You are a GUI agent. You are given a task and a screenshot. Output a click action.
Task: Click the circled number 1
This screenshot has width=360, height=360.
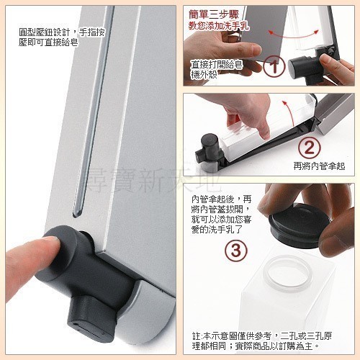pos(273,70)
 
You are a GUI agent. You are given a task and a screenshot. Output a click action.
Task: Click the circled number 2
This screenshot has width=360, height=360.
pos(307,149)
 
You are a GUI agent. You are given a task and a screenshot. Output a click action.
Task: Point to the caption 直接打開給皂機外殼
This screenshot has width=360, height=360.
pos(215,69)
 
